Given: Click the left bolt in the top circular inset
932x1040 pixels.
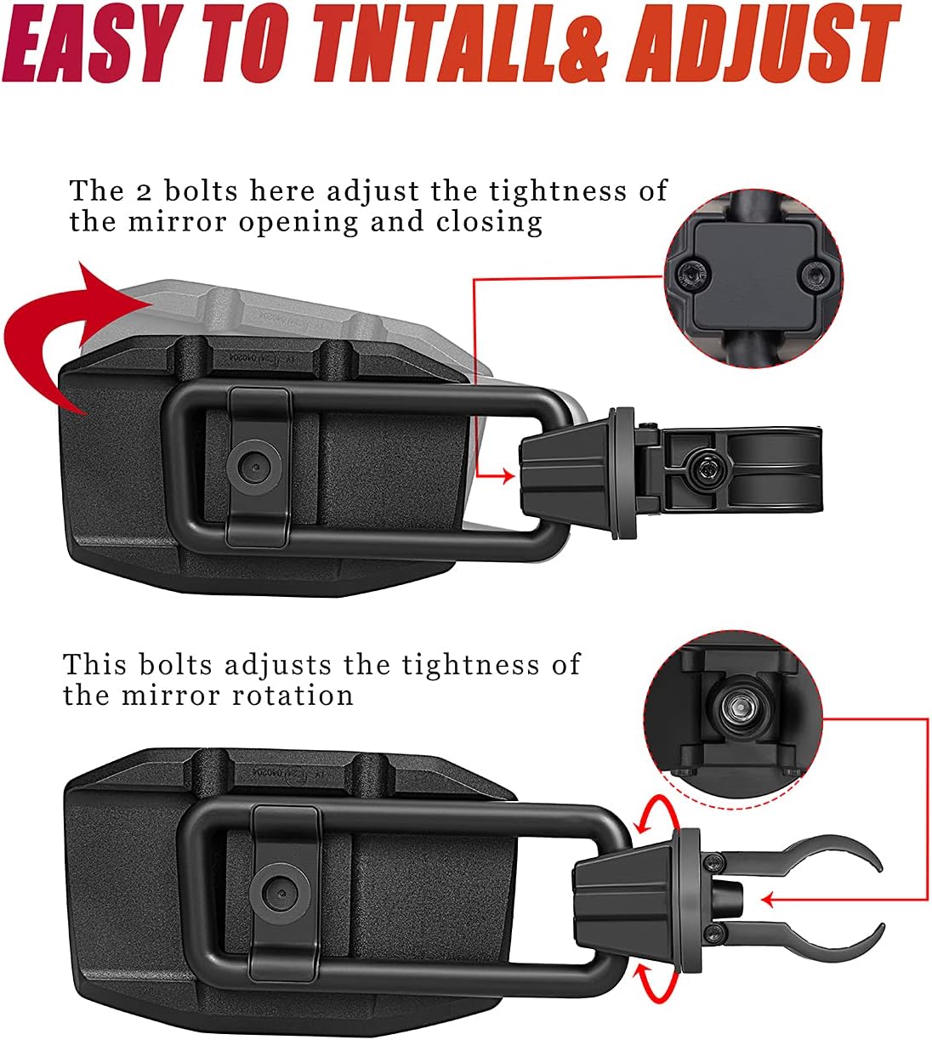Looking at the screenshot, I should pos(690,273).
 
